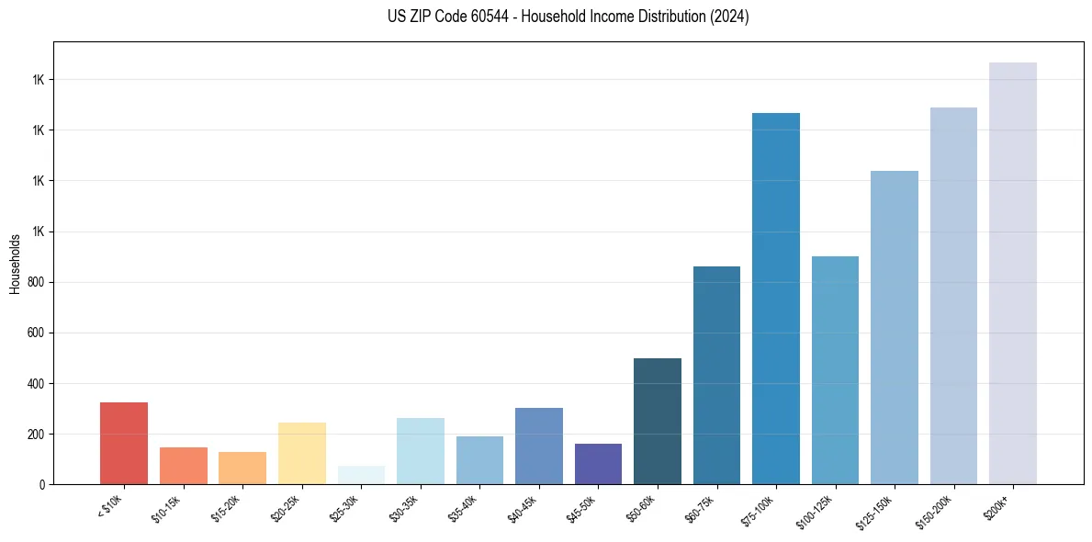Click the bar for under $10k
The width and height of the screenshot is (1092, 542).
point(124,443)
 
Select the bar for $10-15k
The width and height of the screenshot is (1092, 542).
point(183,466)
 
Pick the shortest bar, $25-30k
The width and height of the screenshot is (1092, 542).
point(361,475)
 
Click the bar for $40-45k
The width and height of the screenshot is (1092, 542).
point(539,446)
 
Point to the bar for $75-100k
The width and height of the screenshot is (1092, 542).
point(776,299)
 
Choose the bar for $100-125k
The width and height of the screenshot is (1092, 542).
point(835,370)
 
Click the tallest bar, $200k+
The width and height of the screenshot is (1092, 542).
point(1013,273)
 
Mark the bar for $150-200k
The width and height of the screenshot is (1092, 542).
point(953,296)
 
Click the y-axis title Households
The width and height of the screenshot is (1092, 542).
point(15,264)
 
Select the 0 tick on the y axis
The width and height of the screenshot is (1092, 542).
point(43,484)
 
